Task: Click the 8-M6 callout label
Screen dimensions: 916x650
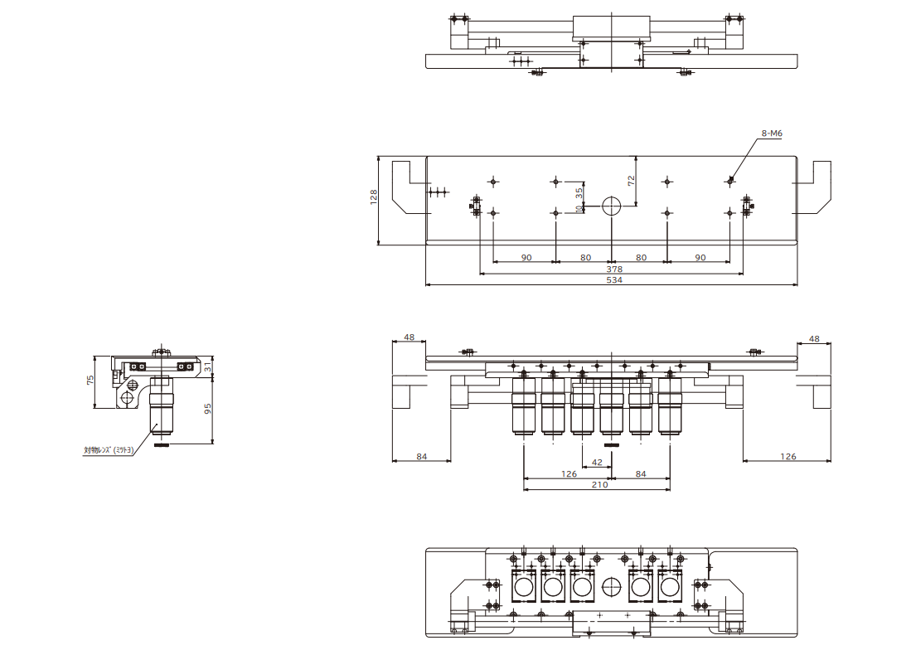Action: pyautogui.click(x=772, y=133)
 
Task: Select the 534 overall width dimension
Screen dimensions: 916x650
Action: pyautogui.click(x=614, y=280)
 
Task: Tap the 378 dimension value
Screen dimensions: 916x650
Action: pyautogui.click(x=614, y=269)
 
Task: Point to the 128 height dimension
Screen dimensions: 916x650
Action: pyautogui.click(x=374, y=196)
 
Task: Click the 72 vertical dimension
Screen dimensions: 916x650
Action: pyautogui.click(x=631, y=182)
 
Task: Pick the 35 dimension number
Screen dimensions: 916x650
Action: pyautogui.click(x=579, y=192)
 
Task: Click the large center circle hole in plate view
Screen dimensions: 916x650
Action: pyautogui.click(x=612, y=206)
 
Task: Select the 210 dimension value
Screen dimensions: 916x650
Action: pyautogui.click(x=599, y=484)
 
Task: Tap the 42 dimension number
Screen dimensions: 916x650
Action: pyautogui.click(x=597, y=463)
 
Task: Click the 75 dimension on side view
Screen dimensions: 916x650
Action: pyautogui.click(x=90, y=381)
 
